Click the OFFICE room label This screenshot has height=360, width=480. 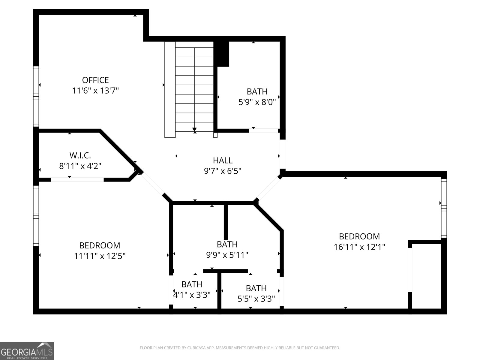point(95,80)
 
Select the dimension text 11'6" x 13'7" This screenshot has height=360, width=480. point(95,91)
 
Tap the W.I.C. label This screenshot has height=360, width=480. point(80,155)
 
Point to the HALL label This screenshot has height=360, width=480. point(223,160)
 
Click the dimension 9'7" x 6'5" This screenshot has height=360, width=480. point(223,171)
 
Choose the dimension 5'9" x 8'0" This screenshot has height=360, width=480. point(257,102)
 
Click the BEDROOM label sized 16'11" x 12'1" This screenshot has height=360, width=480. point(359,236)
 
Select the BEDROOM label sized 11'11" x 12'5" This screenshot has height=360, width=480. point(100,245)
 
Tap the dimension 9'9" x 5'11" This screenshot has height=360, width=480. point(227,255)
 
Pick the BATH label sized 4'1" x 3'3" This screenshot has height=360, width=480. point(192,284)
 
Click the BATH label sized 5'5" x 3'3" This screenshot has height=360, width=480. point(256,288)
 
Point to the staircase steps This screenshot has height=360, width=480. point(194,87)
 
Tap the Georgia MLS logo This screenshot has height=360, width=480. point(27,351)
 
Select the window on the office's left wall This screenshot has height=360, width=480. point(36,96)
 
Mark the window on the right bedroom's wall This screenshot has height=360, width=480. point(444,208)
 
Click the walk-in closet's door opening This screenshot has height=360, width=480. point(77,180)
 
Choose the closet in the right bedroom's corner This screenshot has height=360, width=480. point(426,276)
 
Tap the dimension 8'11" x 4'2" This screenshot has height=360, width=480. point(80,166)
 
